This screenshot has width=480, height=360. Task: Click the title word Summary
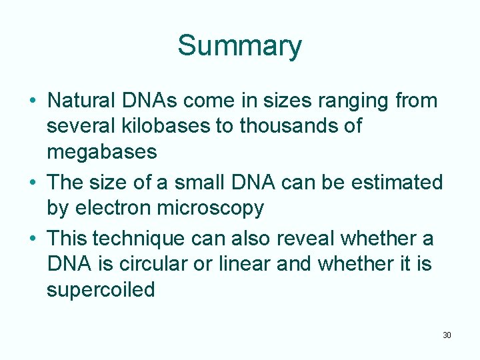pos(239,46)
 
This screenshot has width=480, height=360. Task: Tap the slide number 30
pos(447,335)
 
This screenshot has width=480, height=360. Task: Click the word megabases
pos(101,152)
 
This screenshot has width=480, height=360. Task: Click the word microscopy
pos(210,208)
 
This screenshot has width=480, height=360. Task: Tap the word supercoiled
pos(101,290)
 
